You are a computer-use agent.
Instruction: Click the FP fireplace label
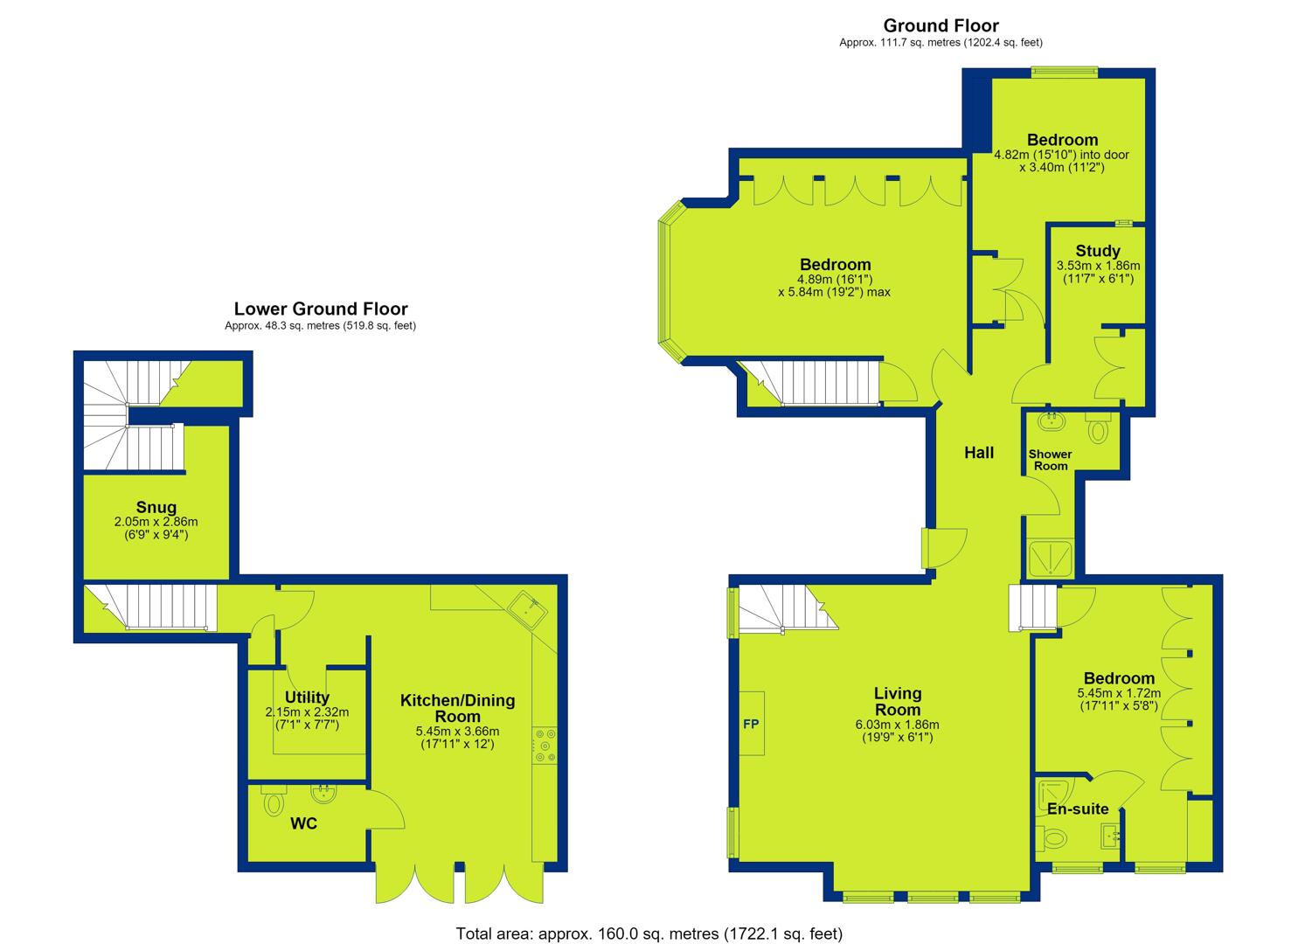[x=751, y=724]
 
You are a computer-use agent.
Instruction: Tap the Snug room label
[x=156, y=507]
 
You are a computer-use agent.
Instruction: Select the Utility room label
[x=307, y=698]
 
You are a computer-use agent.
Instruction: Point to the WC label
[x=303, y=823]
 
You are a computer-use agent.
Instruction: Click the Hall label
[x=979, y=453]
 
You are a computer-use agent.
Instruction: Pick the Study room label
[x=1098, y=251]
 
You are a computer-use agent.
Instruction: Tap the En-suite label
[x=1079, y=809]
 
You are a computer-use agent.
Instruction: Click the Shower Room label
[x=1051, y=460]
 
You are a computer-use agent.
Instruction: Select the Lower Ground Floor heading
[x=321, y=309]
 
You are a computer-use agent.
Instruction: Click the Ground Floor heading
[x=941, y=25]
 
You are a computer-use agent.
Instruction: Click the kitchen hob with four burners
[x=545, y=745]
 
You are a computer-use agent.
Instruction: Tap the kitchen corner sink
[x=528, y=609]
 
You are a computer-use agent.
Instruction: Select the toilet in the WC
[x=274, y=801]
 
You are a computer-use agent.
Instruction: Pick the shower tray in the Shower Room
[x=1051, y=558]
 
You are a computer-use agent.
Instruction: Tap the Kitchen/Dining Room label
[x=458, y=708]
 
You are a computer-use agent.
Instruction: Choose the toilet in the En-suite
[x=1052, y=838]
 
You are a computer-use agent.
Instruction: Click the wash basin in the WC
[x=324, y=794]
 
